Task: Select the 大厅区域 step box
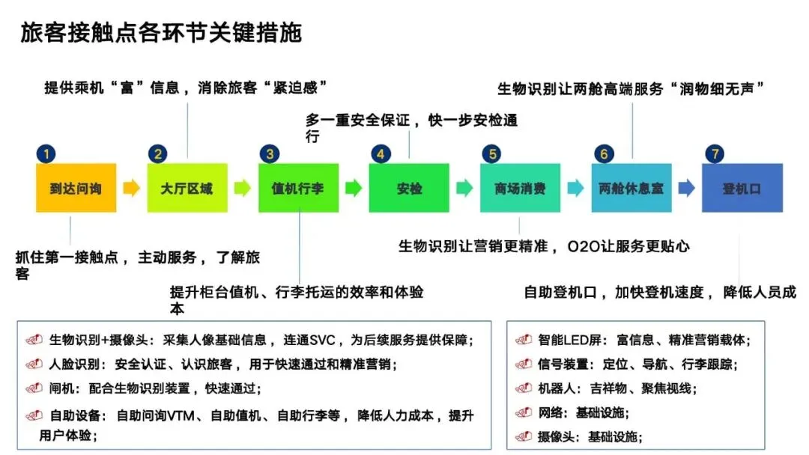[187, 188]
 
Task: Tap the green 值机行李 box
[298, 188]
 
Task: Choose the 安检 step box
[409, 188]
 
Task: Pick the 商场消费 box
[520, 188]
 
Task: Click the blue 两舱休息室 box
[631, 188]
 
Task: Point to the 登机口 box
[742, 188]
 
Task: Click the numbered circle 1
[46, 155]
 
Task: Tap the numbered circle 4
[381, 155]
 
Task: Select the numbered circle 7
[714, 155]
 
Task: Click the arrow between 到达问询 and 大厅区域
[132, 188]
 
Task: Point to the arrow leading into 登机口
[686, 188]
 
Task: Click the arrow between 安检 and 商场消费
[464, 188]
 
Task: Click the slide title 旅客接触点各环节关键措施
[160, 34]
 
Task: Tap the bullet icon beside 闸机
[34, 388]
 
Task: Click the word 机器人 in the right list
[556, 388]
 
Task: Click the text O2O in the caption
[583, 245]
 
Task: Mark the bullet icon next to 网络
[524, 412]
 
